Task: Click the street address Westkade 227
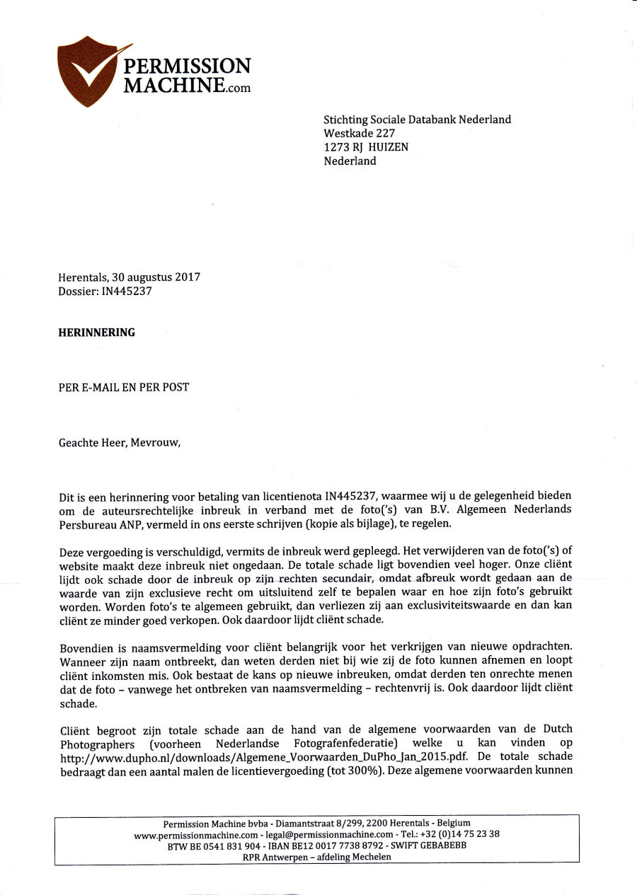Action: pos(360,133)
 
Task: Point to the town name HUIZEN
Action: pos(388,147)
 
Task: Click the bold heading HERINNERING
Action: pos(96,333)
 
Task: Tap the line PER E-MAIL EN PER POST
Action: pos(124,387)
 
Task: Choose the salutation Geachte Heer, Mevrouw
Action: pos(120,443)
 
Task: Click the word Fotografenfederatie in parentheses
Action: pos(340,742)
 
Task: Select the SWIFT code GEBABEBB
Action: pos(442,845)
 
